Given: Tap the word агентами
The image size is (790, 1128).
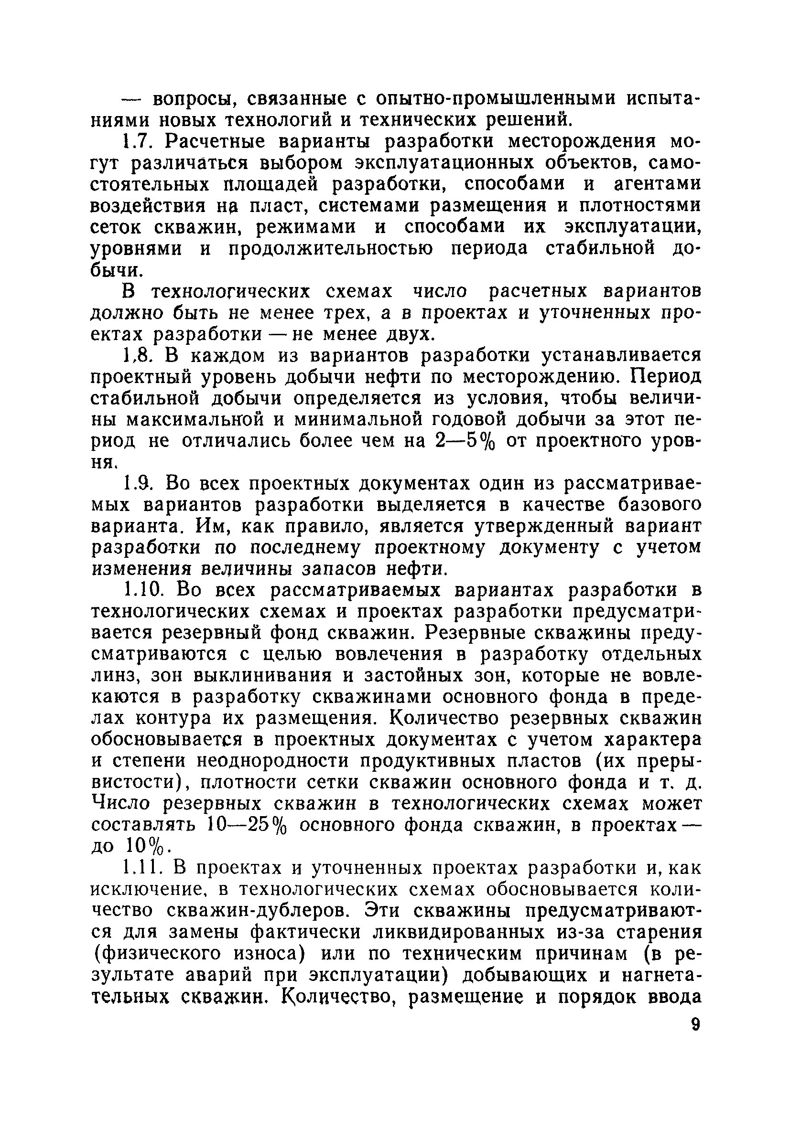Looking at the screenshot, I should [x=650, y=184].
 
